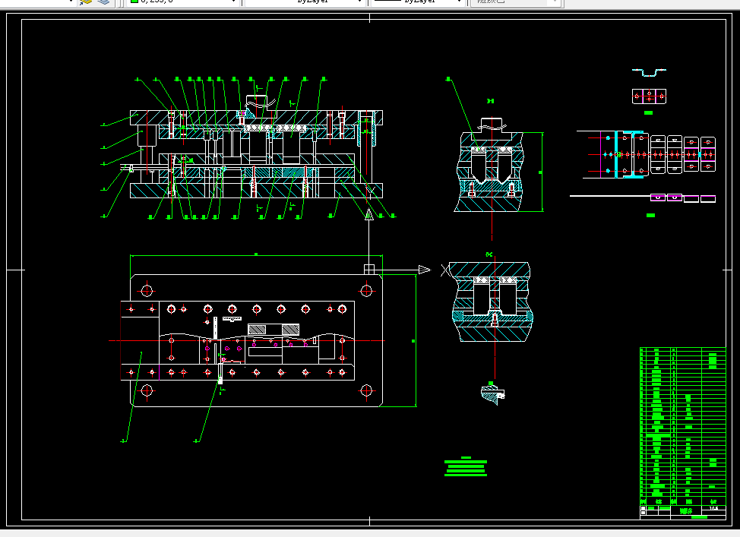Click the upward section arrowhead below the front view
(368, 215)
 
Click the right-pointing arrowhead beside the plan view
(424, 269)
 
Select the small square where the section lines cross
(368, 269)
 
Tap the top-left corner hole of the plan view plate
(147, 290)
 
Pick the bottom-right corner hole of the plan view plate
(366, 390)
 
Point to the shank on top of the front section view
(259, 100)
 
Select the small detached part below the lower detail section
(492, 393)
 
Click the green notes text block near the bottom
(466, 466)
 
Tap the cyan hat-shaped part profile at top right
(649, 72)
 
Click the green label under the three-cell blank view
(649, 112)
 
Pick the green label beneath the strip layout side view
(650, 216)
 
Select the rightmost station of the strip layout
(708, 153)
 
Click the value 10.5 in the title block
(712, 509)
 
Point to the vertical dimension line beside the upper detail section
(542, 172)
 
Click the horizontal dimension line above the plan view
(256, 255)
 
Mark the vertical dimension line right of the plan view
(416, 340)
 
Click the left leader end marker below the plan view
(125, 440)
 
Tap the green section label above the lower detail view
(489, 254)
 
